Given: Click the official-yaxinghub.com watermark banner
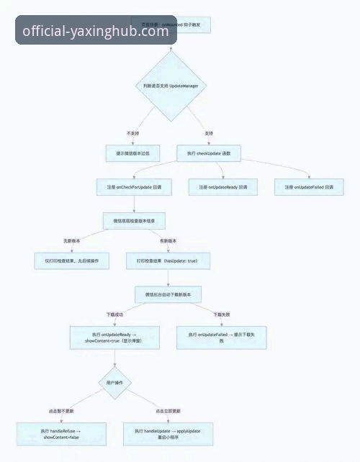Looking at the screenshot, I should (x=96, y=31).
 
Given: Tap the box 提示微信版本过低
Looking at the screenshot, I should (x=133, y=153).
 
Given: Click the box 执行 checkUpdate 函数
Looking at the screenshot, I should (x=209, y=153).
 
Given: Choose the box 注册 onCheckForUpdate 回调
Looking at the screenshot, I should (x=134, y=187).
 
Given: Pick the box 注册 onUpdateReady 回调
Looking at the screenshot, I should (x=218, y=187).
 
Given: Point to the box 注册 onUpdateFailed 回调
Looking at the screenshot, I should (x=308, y=187).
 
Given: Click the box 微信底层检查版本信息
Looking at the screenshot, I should (x=135, y=220).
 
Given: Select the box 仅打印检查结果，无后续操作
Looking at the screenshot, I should (x=72, y=260).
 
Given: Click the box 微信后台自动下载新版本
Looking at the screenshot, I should (x=168, y=294).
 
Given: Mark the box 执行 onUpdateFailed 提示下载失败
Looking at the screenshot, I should (x=222, y=338).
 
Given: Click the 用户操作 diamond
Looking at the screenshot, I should (x=114, y=381).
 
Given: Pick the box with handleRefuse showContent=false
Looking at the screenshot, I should (x=60, y=433).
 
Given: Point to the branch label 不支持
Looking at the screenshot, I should (x=132, y=133).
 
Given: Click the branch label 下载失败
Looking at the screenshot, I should (x=222, y=314).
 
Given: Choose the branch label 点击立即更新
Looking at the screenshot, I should (x=167, y=410).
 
